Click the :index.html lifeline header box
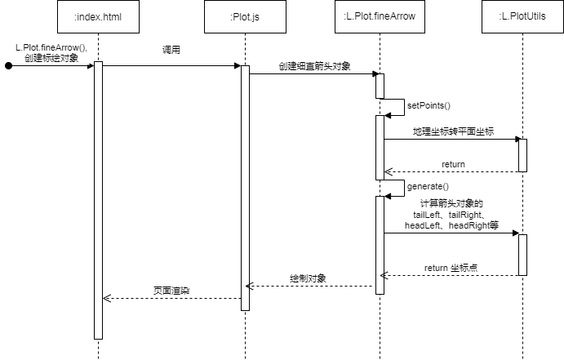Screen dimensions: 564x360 pyautogui.click(x=98, y=17)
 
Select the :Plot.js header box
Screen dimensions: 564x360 pyautogui.click(x=245, y=17)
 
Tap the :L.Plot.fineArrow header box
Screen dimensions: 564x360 pyautogui.click(x=380, y=17)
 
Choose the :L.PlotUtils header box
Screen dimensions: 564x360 pyautogui.click(x=522, y=17)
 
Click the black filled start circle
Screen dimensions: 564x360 pyautogui.click(x=9, y=66)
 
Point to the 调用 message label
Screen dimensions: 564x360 pyautogui.click(x=171, y=50)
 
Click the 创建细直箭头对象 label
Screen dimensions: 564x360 pyautogui.click(x=315, y=66)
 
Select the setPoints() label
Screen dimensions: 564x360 pyautogui.click(x=429, y=105)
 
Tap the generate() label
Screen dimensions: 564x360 pyautogui.click(x=428, y=186)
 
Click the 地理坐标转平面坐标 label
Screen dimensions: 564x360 pyautogui.click(x=453, y=131)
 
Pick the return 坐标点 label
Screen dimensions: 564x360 pyautogui.click(x=451, y=268)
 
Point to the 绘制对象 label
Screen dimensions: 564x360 pyautogui.click(x=308, y=278)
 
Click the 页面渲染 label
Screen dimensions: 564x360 pyautogui.click(x=171, y=291)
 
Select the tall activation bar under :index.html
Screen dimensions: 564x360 pyautogui.click(x=98, y=200)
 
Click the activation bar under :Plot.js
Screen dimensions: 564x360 pyautogui.click(x=245, y=188)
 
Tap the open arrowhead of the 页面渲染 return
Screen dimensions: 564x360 pyautogui.click(x=106, y=298)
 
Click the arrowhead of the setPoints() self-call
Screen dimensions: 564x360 pyautogui.click(x=388, y=115)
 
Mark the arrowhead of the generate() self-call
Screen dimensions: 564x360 pyautogui.click(x=388, y=197)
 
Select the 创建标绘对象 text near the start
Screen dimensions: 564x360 pyautogui.click(x=51, y=58)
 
